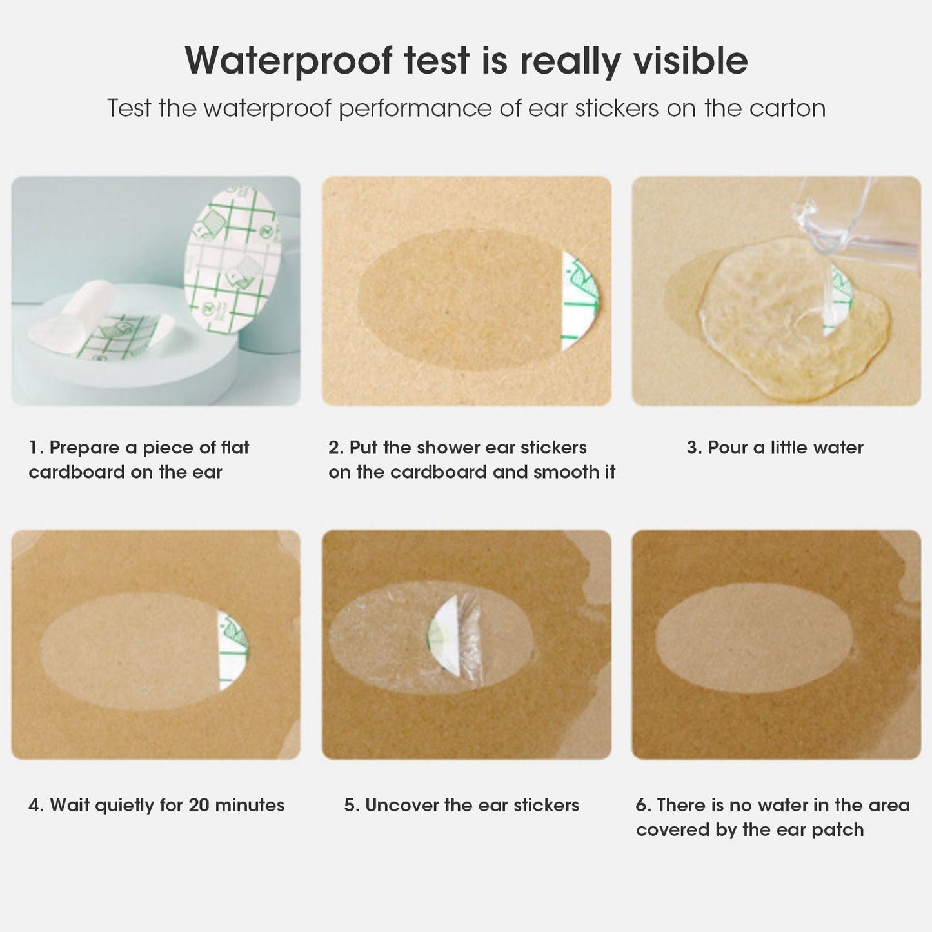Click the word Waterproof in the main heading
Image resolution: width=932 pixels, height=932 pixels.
tap(288, 61)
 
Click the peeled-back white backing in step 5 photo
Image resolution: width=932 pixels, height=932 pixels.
tap(445, 639)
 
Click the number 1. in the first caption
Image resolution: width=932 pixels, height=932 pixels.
tap(36, 448)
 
